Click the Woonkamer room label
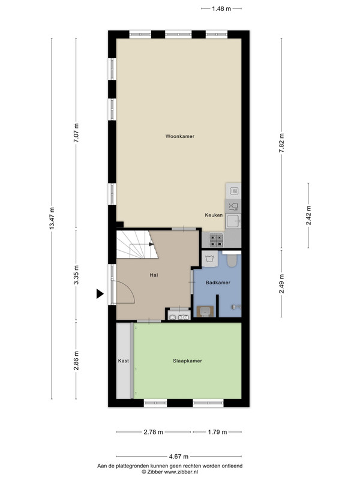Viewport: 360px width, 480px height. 179,136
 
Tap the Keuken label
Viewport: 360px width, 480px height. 214,215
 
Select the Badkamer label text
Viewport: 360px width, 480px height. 218,283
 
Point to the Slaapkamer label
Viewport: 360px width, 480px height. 187,361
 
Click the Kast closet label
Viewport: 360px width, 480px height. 124,361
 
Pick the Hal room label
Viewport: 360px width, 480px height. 154,275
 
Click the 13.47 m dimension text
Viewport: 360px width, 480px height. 52,218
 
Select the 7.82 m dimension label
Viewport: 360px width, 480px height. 281,145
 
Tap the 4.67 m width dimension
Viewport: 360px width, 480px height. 179,457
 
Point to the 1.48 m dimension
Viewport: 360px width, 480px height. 221,8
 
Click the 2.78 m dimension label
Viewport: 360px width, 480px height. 154,432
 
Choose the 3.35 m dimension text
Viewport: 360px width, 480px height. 76,275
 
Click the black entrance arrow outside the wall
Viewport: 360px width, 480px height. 100,293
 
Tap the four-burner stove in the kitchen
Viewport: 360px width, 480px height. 216,240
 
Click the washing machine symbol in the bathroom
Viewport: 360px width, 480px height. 209,259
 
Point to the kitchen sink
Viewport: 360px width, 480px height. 233,221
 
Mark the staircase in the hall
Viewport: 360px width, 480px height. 137,245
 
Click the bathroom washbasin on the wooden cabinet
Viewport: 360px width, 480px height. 205,311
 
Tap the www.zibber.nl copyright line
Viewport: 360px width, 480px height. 170,472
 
